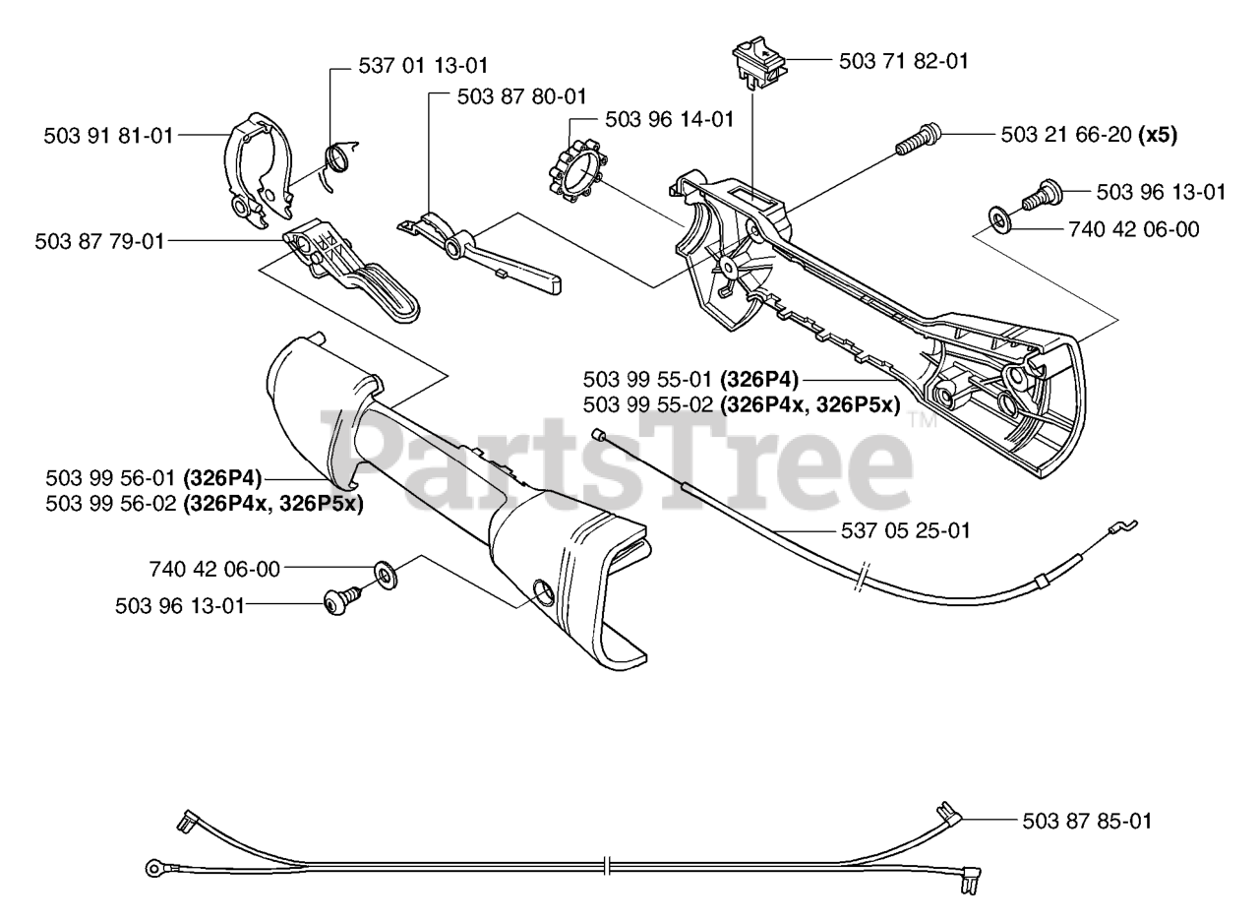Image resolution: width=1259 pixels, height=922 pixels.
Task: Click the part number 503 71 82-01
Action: pos(903,61)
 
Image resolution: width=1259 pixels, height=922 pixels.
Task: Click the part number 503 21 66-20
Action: pos(1066,135)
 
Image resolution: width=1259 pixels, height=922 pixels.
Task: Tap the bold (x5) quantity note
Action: pos(1158,135)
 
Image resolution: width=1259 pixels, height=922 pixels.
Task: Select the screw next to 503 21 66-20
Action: pos(918,138)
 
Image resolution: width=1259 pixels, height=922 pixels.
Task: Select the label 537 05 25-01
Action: pos(906,531)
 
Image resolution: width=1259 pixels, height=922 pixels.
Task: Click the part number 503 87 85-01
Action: pos(1086,821)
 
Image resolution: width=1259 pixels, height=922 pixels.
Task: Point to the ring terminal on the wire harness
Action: pos(153,867)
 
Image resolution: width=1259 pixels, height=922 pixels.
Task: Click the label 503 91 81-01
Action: pos(108,136)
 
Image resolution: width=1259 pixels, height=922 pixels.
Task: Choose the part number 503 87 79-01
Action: pos(99,240)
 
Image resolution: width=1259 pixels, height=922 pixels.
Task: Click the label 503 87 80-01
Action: pos(521,96)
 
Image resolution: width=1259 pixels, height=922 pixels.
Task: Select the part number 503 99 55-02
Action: pos(647,403)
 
